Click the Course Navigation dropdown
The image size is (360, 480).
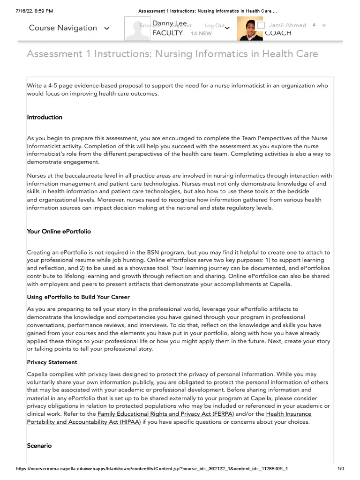(x=69, y=28)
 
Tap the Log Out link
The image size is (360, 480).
(x=214, y=25)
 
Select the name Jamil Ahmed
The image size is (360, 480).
(x=287, y=25)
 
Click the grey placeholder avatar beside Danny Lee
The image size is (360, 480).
(x=136, y=29)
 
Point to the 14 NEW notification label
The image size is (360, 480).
(x=201, y=33)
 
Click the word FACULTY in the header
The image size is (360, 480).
(x=167, y=33)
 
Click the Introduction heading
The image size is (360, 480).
(x=45, y=117)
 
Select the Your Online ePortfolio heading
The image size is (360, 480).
(x=59, y=232)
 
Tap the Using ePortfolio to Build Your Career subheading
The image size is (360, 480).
(x=78, y=297)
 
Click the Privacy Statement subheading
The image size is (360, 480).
(x=52, y=362)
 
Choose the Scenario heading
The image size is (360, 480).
(x=39, y=446)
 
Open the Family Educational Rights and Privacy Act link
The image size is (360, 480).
(x=154, y=414)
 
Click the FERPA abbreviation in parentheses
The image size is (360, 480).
(x=223, y=414)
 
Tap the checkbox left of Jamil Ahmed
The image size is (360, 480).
(x=261, y=25)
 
